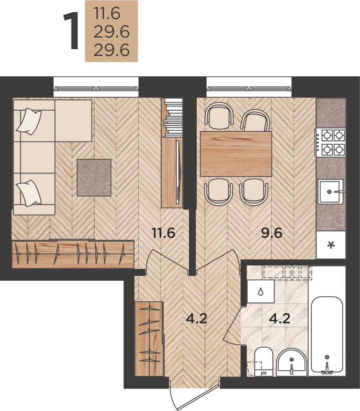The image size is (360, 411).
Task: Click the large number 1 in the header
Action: pyautogui.click(x=71, y=31)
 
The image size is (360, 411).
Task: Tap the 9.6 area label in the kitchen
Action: pyautogui.click(x=272, y=233)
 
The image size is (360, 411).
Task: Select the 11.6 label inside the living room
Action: pyautogui.click(x=163, y=233)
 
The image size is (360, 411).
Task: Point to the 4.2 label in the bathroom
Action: pyautogui.click(x=280, y=319)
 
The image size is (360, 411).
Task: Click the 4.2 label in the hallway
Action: pyautogui.click(x=197, y=319)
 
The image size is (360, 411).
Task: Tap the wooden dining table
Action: pyautogui.click(x=236, y=154)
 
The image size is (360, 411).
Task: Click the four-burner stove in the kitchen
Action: pyautogui.click(x=331, y=142)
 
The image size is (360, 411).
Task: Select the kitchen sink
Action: pyautogui.click(x=331, y=192)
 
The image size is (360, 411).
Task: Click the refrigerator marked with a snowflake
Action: pyautogui.click(x=331, y=245)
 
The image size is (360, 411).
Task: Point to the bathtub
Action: pyautogui.click(x=327, y=335)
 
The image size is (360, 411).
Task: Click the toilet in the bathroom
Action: pyautogui.click(x=264, y=362)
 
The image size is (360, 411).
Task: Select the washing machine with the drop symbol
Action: pyautogui.click(x=261, y=291)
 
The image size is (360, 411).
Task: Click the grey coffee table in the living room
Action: pyautogui.click(x=94, y=178)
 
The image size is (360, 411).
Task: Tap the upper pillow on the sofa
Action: pyautogui.click(x=29, y=122)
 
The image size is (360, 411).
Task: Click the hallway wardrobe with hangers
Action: pyautogui.click(x=149, y=339)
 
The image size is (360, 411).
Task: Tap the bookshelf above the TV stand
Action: pyautogui.click(x=173, y=118)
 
